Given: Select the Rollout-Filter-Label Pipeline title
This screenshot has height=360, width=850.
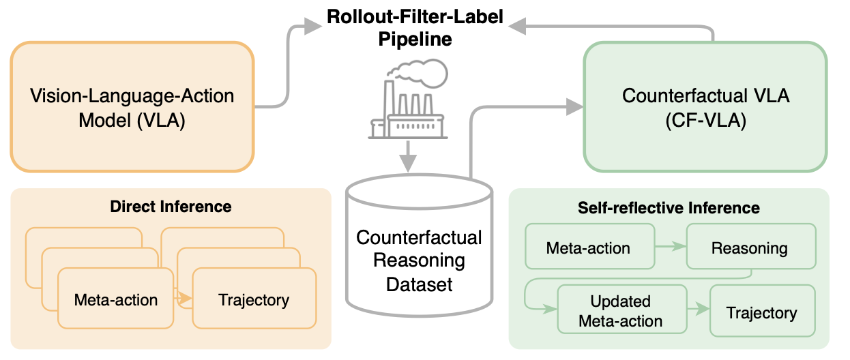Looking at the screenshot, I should (415, 28).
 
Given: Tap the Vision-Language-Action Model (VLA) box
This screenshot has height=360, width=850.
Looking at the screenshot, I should (132, 107).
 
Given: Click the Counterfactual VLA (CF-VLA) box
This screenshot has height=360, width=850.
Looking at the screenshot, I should (705, 107).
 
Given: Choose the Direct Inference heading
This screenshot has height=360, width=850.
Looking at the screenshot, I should (171, 206).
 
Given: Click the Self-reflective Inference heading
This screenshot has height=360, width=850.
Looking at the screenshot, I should (669, 207).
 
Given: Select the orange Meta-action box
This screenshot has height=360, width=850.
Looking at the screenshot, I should (116, 299).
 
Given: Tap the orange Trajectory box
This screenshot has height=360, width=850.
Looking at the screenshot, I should (254, 299).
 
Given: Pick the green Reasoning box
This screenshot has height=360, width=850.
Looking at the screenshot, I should (749, 247).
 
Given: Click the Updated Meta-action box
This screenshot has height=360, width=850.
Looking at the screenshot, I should (621, 311).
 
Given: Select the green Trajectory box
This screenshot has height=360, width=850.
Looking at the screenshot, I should (761, 312).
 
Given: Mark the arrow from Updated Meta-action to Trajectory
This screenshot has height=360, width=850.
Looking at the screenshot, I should (697, 312).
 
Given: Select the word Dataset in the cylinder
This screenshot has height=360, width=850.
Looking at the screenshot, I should (419, 284).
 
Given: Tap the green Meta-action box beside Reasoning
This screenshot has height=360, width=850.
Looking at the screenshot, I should (588, 247).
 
